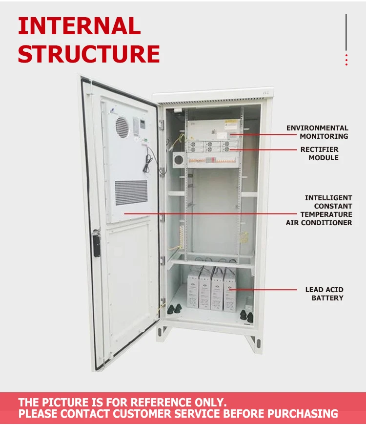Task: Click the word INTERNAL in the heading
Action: pos(79,26)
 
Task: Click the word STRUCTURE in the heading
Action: pos(89,54)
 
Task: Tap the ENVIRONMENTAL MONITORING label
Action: pos(317,132)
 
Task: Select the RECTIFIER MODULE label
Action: pos(320,153)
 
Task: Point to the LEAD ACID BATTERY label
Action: pos(325,294)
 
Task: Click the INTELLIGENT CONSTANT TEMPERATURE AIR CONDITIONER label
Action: pos(319,210)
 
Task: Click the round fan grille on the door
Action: pos(122,127)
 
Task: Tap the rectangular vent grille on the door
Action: pos(131,192)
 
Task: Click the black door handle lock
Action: pos(97,243)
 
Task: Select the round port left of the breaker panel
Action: pos(179,159)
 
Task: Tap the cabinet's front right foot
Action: pos(254,342)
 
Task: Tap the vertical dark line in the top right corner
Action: pos(346,32)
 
